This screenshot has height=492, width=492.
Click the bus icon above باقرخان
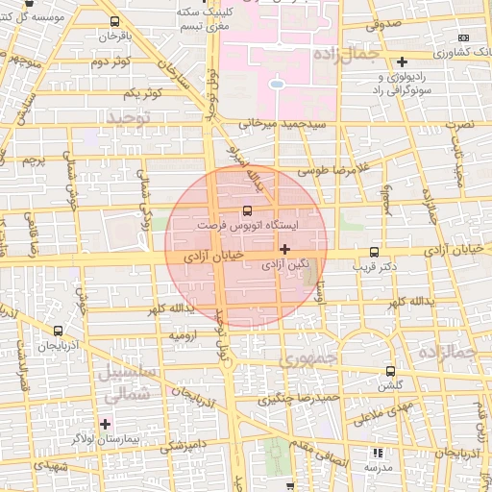point(115,21)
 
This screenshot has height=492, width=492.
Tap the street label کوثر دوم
point(111,62)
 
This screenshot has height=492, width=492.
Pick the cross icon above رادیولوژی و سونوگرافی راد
point(402,61)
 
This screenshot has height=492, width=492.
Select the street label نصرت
point(465,126)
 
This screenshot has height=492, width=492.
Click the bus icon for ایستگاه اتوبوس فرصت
point(247,209)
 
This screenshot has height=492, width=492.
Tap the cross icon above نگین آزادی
point(284,249)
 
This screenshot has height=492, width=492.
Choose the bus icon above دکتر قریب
point(374,253)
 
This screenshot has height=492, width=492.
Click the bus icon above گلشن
point(390,371)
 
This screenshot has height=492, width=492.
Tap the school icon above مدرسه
point(378,453)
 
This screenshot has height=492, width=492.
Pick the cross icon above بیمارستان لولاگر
point(105,423)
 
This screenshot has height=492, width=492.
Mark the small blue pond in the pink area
point(277,84)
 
